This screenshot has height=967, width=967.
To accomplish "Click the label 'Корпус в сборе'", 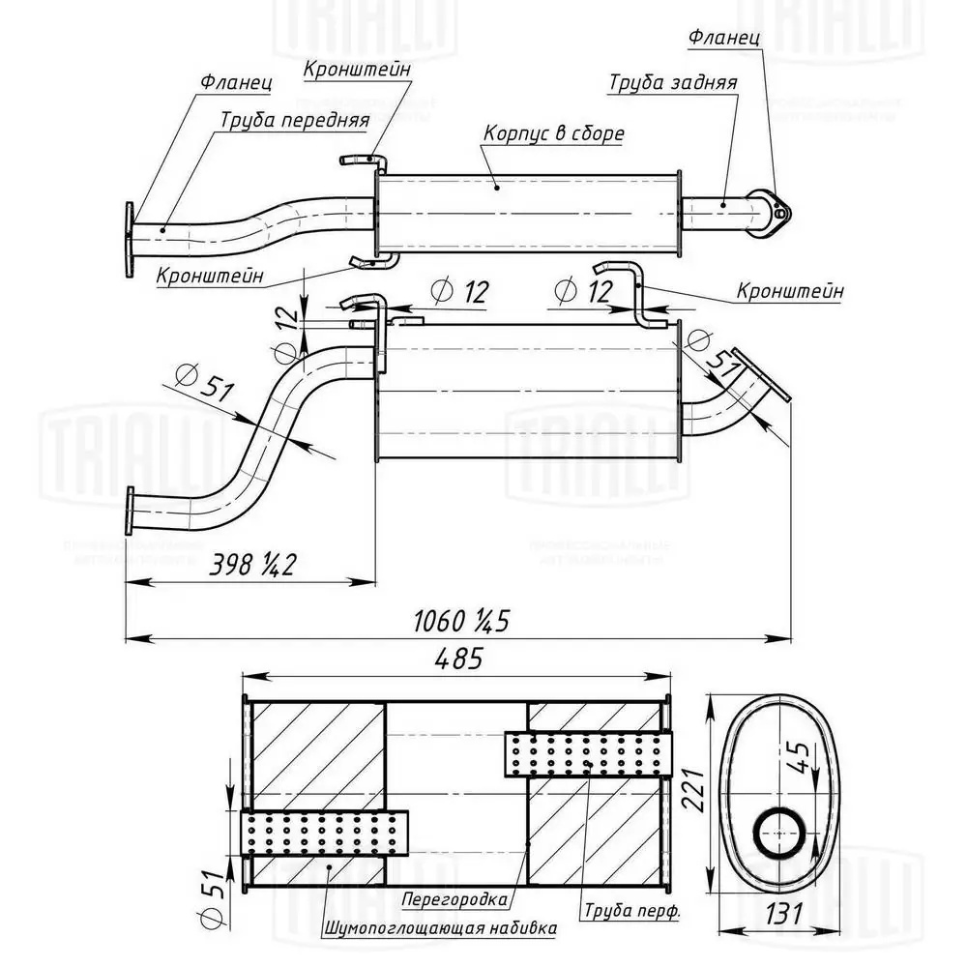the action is click(x=553, y=133).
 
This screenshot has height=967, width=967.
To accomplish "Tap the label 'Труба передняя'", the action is click(x=295, y=121).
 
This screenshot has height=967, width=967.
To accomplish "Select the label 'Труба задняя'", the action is click(x=673, y=82).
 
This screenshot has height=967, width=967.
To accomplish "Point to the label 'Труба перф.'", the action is click(x=631, y=911).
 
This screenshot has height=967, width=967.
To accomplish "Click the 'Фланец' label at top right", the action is click(x=724, y=39).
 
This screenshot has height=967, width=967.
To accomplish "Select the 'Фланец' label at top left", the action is click(x=236, y=83).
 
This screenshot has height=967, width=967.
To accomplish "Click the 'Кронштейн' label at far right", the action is click(x=789, y=290).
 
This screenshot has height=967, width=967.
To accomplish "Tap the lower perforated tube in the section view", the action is click(x=324, y=834).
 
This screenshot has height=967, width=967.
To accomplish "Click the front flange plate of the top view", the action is click(x=129, y=239).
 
